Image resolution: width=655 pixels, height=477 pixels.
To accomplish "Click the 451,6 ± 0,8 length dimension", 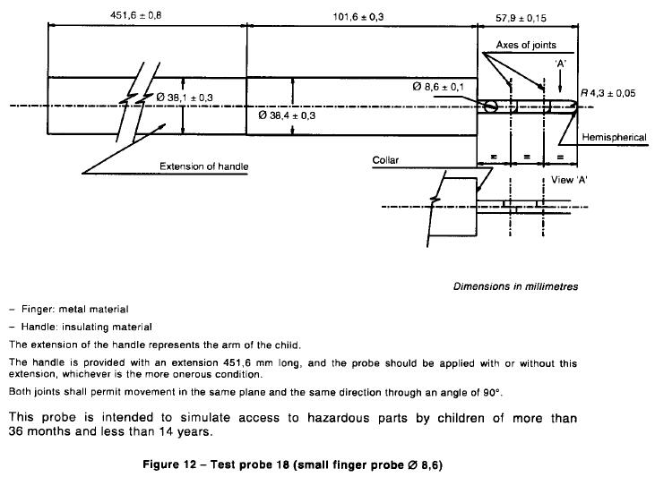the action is pos(136,15).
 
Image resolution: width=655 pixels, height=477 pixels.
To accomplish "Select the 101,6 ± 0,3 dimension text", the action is pos(358,17).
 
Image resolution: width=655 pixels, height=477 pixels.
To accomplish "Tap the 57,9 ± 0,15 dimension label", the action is pos(521,18).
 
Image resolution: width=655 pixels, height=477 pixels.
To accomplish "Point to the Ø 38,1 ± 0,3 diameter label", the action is pos(185,98).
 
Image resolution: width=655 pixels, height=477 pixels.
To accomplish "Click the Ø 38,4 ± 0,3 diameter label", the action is pos(287,115).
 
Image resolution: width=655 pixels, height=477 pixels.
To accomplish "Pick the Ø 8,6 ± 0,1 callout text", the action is pos(438,87).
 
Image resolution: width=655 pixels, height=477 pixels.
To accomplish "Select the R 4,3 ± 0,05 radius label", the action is pos(608,93).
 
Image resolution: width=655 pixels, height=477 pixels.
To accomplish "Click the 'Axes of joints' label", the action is pos(526,45).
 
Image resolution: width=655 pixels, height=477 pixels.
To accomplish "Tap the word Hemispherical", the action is pos(614,137).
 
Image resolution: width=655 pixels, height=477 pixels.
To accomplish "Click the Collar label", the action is pos(385,160).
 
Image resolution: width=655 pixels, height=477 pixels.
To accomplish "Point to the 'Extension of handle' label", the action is pos(204,166).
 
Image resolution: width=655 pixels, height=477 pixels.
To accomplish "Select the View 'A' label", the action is pos(569,180).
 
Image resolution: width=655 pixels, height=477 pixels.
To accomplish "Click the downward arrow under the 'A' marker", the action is pos(560,82).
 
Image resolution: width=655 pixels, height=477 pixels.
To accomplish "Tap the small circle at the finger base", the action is pos(491,106).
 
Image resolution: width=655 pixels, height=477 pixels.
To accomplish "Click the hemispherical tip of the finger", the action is pos(576,106).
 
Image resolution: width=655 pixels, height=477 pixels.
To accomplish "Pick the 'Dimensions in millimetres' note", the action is pos(516,286).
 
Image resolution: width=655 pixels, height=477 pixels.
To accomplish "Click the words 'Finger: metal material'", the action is pos(75,310).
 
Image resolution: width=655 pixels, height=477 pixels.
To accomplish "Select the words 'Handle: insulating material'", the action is pos(87,327).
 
